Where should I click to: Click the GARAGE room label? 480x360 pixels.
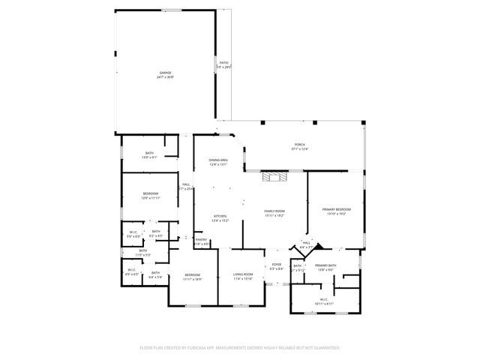coord(164,73)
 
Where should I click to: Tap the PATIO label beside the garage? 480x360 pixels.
coord(223,63)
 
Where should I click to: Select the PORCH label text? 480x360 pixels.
coord(299,145)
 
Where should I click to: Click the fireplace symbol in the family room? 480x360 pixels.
coord(272,177)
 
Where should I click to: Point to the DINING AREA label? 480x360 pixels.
coord(218,160)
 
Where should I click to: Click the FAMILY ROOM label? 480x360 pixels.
coord(274,211)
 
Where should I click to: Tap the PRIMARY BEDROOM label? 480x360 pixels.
coord(337,208)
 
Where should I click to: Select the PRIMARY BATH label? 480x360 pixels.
coord(325,265)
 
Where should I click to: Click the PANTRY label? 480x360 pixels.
coord(201,239)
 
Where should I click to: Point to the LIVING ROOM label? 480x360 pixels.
coord(242,274)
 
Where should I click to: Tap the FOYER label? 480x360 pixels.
coord(275,265)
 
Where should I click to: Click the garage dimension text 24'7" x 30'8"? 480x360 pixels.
coord(164,77)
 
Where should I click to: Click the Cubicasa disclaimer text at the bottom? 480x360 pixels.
coord(240,347)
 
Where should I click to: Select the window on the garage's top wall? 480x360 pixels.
coord(172,10)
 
